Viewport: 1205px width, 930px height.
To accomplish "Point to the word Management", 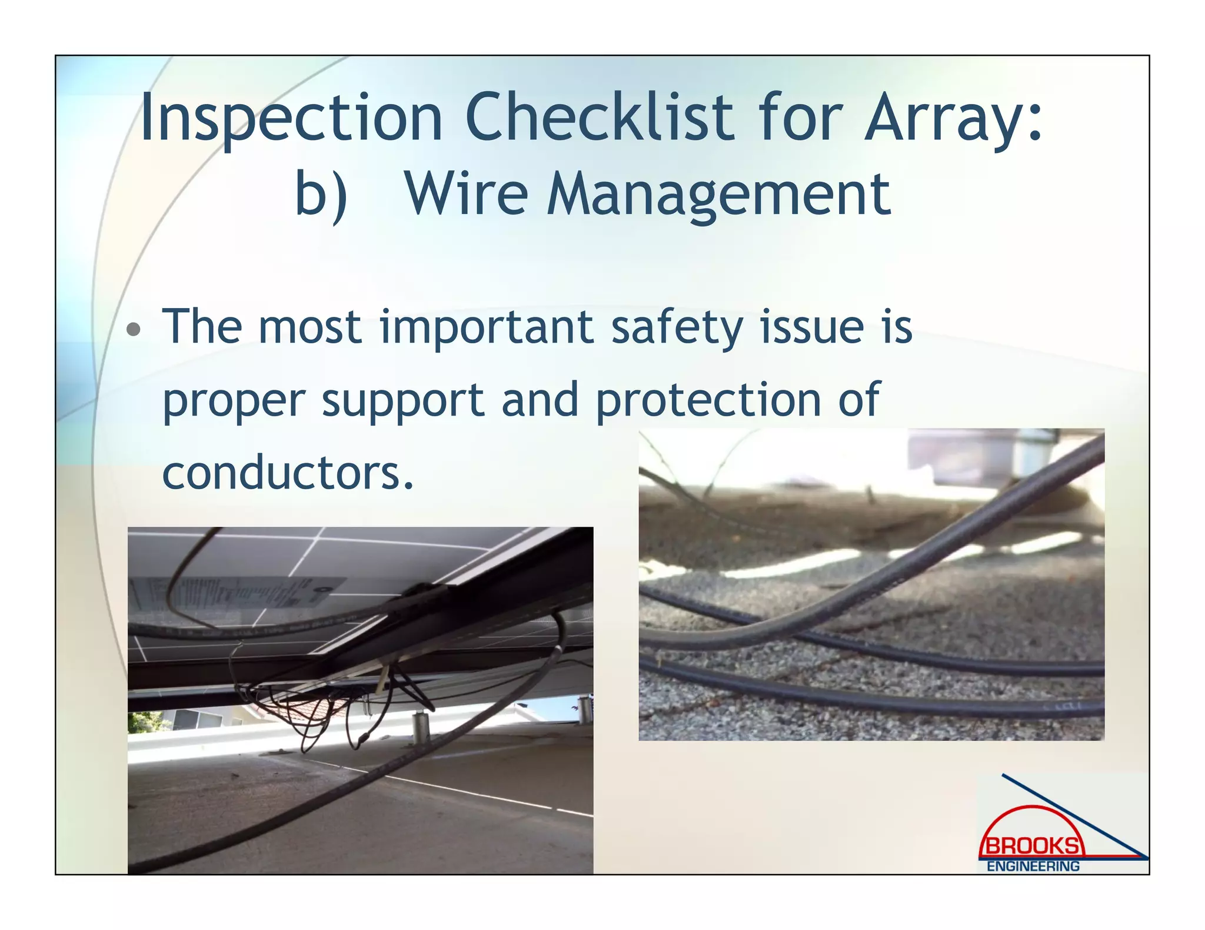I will tap(718, 195).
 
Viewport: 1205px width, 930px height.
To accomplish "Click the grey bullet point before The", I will tap(134, 329).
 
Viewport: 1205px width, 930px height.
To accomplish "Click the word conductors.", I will tap(288, 473).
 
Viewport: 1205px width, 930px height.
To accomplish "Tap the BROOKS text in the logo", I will tap(1032, 847).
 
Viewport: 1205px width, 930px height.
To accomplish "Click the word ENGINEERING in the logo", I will tap(1033, 867).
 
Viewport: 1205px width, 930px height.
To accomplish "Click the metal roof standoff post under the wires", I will tap(421, 729).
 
